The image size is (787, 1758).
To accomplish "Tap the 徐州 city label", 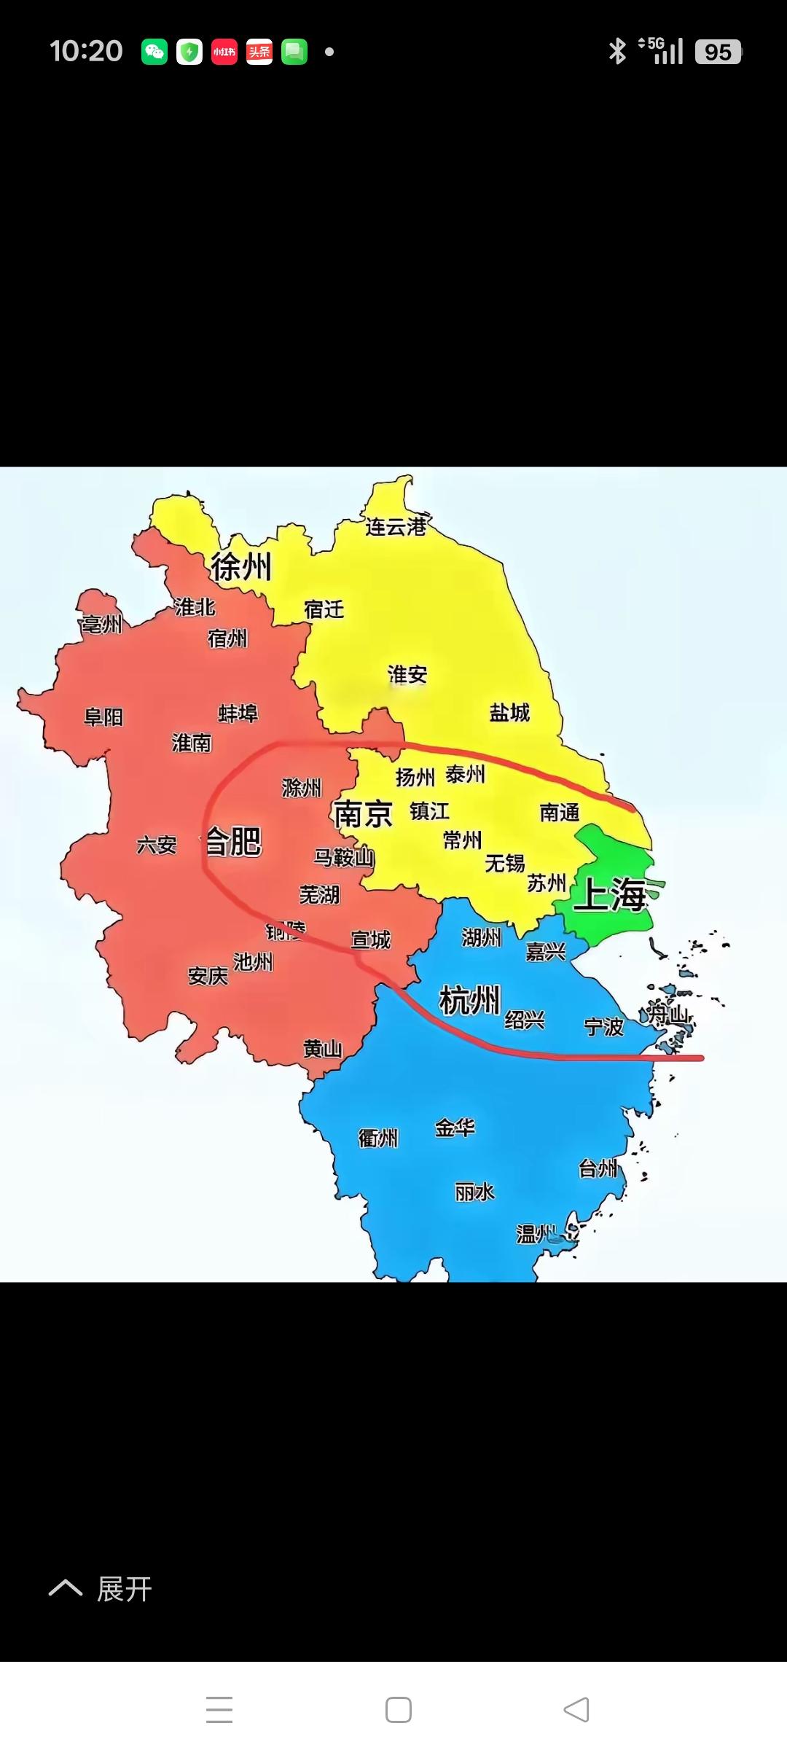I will (241, 566).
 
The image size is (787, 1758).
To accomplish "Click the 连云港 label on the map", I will (396, 526).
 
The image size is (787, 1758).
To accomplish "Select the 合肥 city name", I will (233, 842).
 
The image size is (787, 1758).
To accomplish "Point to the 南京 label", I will (363, 814).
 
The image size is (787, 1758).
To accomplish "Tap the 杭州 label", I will (469, 999).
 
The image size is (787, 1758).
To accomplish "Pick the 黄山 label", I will (322, 1049).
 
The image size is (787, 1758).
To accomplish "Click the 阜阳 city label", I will (103, 717).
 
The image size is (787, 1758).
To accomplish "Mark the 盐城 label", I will (509, 712).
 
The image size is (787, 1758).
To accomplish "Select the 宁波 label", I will (604, 1027).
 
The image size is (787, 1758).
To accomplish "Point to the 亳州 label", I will (101, 624).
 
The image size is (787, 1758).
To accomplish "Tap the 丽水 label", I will (474, 1192).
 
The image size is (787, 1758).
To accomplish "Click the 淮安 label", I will (407, 675).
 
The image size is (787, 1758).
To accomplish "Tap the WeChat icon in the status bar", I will (154, 52).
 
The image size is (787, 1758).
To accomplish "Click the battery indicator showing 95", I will (718, 52).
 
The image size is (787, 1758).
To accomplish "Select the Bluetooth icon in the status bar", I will (617, 52).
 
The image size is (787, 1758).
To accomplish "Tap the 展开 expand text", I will (124, 1589).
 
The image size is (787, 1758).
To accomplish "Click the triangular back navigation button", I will (576, 1709).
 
